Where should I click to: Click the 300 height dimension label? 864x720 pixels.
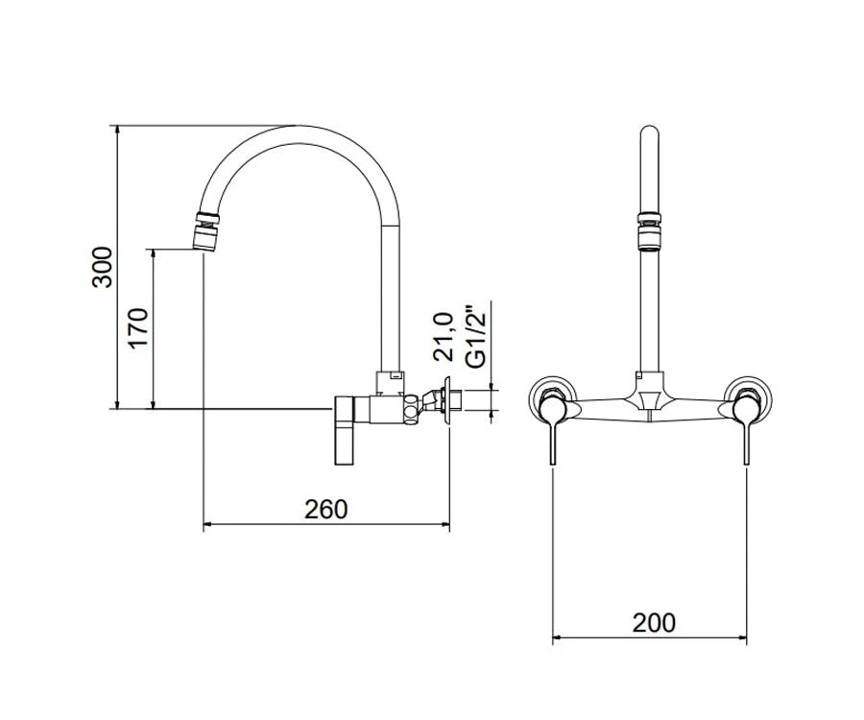(x=102, y=267)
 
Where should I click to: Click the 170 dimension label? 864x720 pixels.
(x=137, y=327)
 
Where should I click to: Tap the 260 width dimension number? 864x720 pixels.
(x=326, y=510)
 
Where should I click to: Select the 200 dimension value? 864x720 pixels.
(x=654, y=623)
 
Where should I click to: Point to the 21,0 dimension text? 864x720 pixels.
(x=443, y=337)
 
